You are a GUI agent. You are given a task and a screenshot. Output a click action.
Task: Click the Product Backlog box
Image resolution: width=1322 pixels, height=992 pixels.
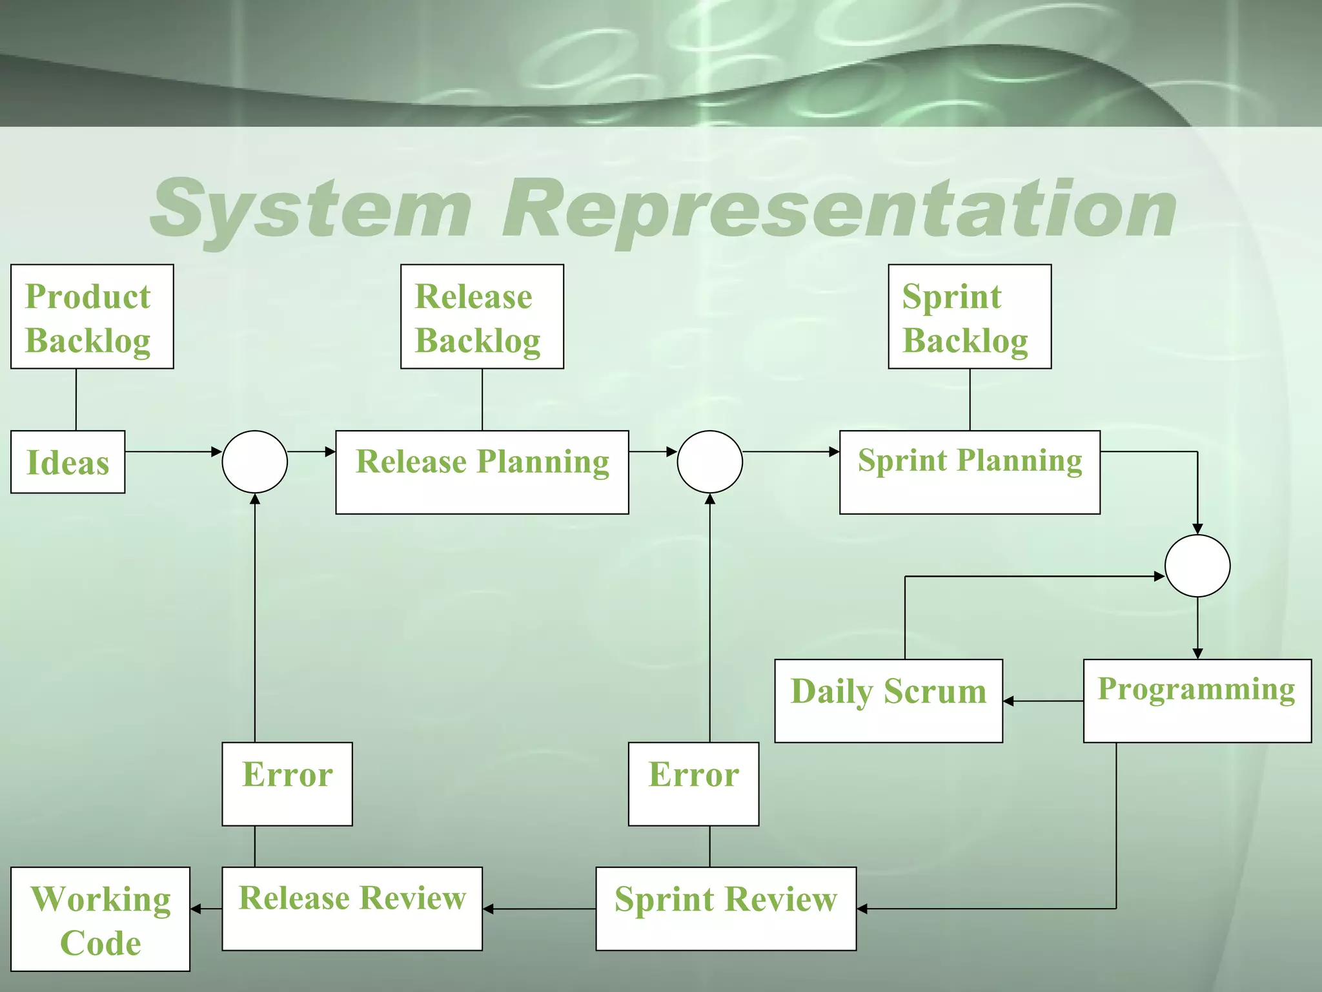pos(92,316)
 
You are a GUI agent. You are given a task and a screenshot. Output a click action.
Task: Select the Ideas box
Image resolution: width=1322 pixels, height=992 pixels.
pos(68,462)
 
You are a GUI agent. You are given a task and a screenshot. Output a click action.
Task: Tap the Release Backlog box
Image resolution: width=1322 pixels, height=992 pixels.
pos(482,316)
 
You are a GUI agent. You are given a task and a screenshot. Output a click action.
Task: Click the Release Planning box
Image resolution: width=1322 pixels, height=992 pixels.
pos(482,472)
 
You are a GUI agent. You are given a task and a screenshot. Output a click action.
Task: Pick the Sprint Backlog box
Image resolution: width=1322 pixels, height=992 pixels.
pos(970,316)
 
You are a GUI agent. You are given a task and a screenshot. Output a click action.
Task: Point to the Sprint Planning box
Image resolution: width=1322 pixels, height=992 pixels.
pos(970,472)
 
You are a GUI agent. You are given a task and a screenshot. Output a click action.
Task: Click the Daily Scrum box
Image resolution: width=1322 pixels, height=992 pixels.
pos(888,701)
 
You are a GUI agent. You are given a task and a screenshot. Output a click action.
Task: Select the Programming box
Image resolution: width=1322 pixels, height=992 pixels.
pos(1197,701)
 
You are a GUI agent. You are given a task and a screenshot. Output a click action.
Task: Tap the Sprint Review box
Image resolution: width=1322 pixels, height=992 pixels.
pos(726,909)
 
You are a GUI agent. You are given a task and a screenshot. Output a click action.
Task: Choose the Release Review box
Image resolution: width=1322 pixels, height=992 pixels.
pos(352,909)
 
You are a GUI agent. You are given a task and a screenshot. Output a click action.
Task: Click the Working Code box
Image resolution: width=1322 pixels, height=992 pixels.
pos(100,919)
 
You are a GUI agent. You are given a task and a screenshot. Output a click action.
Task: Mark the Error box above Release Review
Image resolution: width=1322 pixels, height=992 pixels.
pos(287,783)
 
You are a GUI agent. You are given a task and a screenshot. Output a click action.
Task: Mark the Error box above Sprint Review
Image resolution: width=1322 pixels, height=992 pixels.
pos(693,783)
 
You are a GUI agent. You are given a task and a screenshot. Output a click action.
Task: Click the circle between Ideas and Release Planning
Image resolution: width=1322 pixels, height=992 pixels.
pos(254,462)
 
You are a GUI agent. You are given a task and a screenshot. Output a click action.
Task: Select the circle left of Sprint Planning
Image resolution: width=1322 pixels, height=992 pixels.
pos(709,462)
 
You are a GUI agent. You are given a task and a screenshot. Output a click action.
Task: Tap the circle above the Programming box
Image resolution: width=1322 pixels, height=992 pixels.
pos(1197,566)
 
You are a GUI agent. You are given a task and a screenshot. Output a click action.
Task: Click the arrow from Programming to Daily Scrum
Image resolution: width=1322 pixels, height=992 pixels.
pos(1042,701)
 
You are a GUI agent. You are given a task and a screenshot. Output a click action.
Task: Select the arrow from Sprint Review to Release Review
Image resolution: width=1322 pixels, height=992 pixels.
pos(539,909)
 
